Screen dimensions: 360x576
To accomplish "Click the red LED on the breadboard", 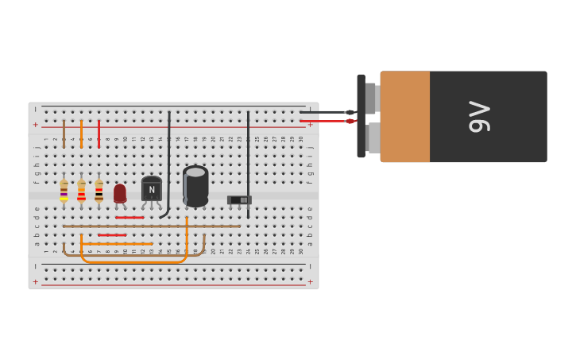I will tap(120, 193).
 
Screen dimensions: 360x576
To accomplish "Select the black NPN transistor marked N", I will tap(151, 190).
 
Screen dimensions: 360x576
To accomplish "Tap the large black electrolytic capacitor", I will tap(195, 185).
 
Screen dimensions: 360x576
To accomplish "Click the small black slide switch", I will tap(239, 199).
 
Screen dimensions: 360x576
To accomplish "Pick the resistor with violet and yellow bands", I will tap(64, 190).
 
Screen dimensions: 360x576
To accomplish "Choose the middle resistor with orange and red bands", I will tap(81, 191).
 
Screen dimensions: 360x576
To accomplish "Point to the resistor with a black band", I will tap(99, 191).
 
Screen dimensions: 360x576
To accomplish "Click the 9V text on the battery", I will tap(479, 116).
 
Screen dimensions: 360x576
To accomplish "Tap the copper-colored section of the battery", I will tap(404, 116).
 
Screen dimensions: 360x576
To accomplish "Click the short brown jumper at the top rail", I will tap(64, 133).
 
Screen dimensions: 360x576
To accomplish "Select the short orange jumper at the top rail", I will tap(81, 133).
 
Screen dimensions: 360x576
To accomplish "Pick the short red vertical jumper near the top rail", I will tap(99, 133).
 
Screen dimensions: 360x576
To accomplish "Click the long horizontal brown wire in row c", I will tap(151, 226).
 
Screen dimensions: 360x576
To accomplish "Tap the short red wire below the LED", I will tap(130, 217).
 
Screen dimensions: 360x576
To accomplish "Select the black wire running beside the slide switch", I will tap(248, 159).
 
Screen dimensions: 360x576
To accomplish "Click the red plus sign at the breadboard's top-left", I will tap(35, 125).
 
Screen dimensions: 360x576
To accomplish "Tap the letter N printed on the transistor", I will tap(151, 190).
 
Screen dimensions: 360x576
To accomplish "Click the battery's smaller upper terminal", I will tap(371, 98).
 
